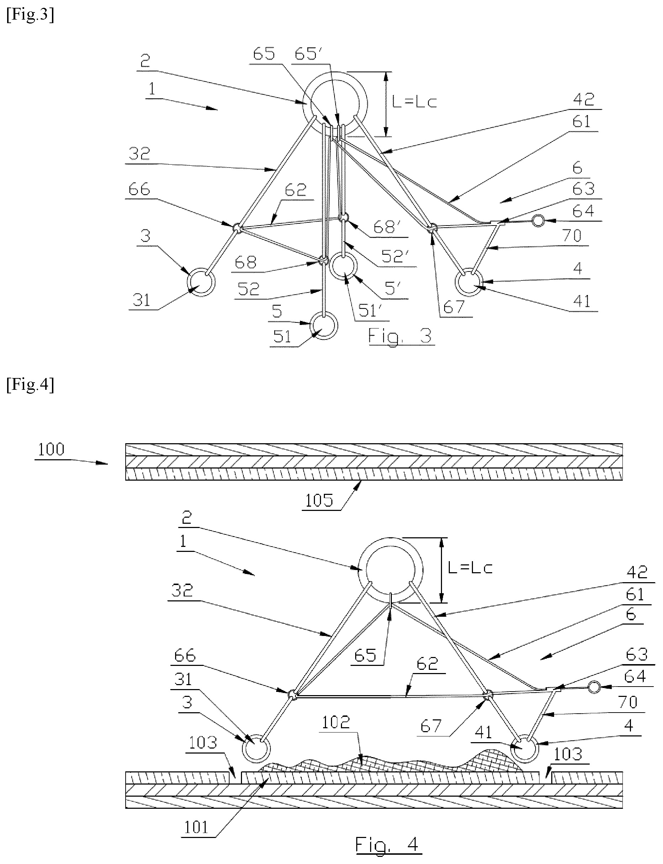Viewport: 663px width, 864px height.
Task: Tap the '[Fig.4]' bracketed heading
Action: click(30, 384)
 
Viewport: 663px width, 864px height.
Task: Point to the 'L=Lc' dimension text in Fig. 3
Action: click(414, 102)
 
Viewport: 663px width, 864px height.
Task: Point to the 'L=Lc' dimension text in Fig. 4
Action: click(470, 568)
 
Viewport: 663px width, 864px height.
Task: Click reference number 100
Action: click(51, 450)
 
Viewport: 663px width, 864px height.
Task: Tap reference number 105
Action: click(319, 501)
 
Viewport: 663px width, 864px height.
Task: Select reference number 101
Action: click(196, 827)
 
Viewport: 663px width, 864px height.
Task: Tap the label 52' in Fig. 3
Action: click(394, 257)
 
